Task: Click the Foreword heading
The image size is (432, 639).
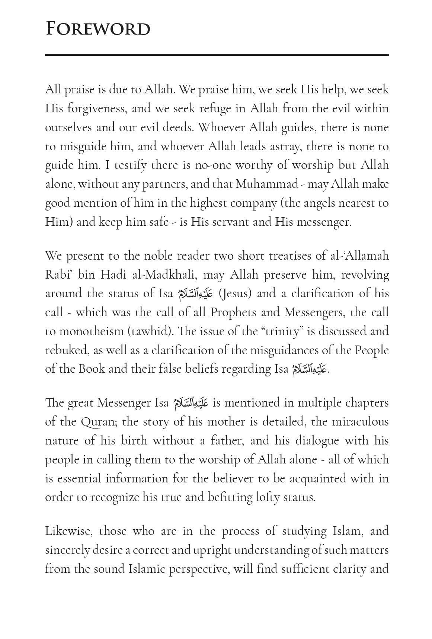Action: click(x=98, y=29)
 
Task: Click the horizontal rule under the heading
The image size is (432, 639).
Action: click(x=217, y=55)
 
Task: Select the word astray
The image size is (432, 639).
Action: click(x=281, y=146)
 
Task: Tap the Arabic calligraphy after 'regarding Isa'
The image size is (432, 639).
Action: click(x=310, y=369)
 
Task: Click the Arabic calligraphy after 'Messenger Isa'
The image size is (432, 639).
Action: click(x=191, y=403)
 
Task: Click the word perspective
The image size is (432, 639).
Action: click(x=199, y=569)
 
